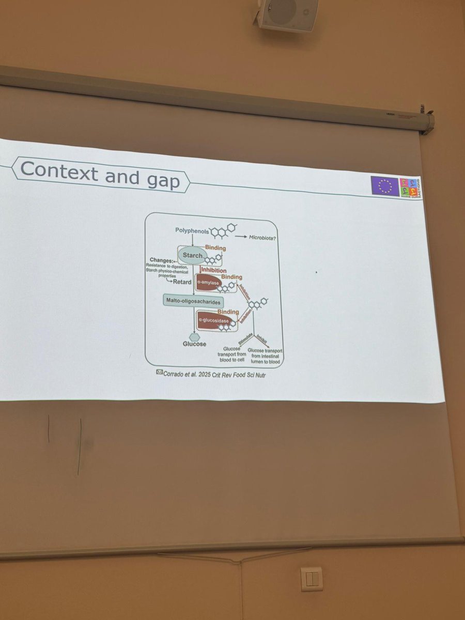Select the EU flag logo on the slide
(x=384, y=185)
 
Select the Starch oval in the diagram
(x=192, y=255)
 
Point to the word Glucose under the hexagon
(x=194, y=344)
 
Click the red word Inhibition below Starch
(x=213, y=269)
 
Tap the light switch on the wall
(x=312, y=578)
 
